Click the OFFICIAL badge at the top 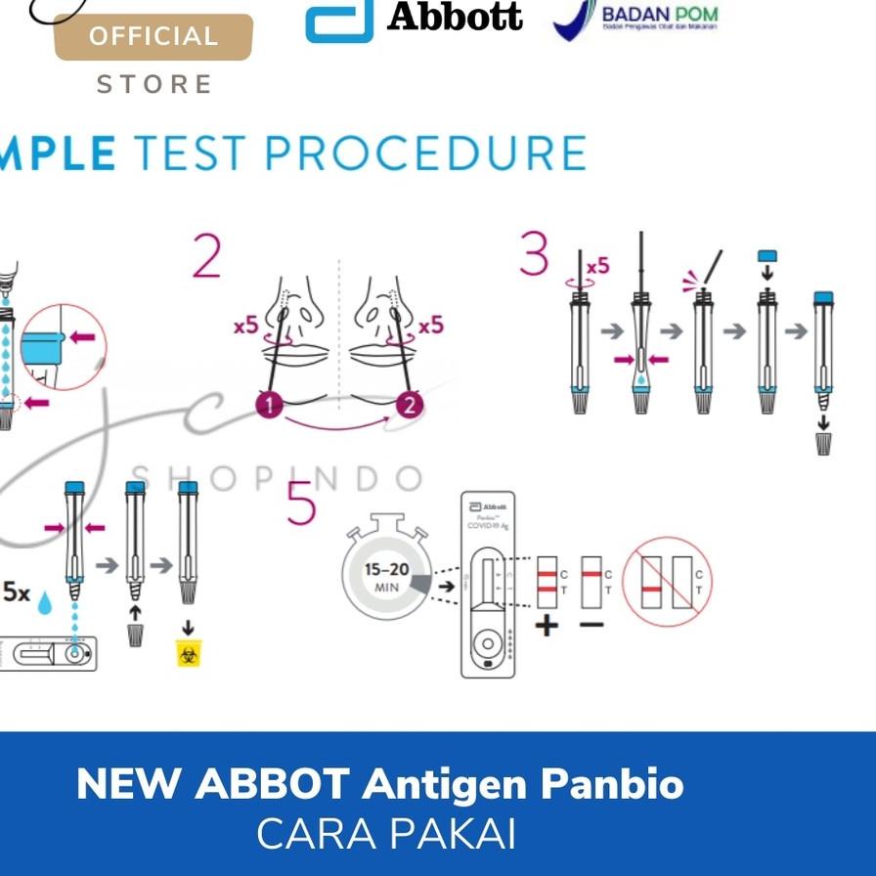pyautogui.click(x=153, y=37)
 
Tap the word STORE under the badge pyautogui.click(x=154, y=85)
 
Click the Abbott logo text pyautogui.click(x=455, y=17)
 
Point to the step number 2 pyautogui.click(x=206, y=257)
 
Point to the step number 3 pyautogui.click(x=534, y=256)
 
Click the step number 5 pyautogui.click(x=301, y=506)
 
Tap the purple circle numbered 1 pyautogui.click(x=268, y=404)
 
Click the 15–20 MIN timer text pyautogui.click(x=387, y=577)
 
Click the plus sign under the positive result pyautogui.click(x=547, y=625)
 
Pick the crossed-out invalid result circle pyautogui.click(x=668, y=581)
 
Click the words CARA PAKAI pyautogui.click(x=385, y=834)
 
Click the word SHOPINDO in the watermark pyautogui.click(x=277, y=478)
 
